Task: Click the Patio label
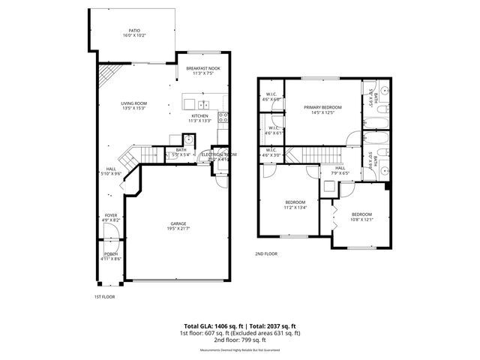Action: (133, 31)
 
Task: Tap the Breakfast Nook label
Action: (202, 68)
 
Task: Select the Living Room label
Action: (133, 103)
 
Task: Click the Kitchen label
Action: (199, 116)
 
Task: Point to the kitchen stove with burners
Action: (223, 116)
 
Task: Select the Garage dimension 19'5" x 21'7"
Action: (178, 228)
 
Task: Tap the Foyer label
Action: (111, 215)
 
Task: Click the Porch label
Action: (111, 254)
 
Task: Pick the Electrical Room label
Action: (219, 154)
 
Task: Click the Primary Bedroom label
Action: (323, 108)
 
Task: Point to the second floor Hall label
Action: (340, 168)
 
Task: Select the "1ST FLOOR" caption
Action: (103, 296)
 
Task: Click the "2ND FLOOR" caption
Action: (266, 253)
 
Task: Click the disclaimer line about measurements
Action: (240, 349)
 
